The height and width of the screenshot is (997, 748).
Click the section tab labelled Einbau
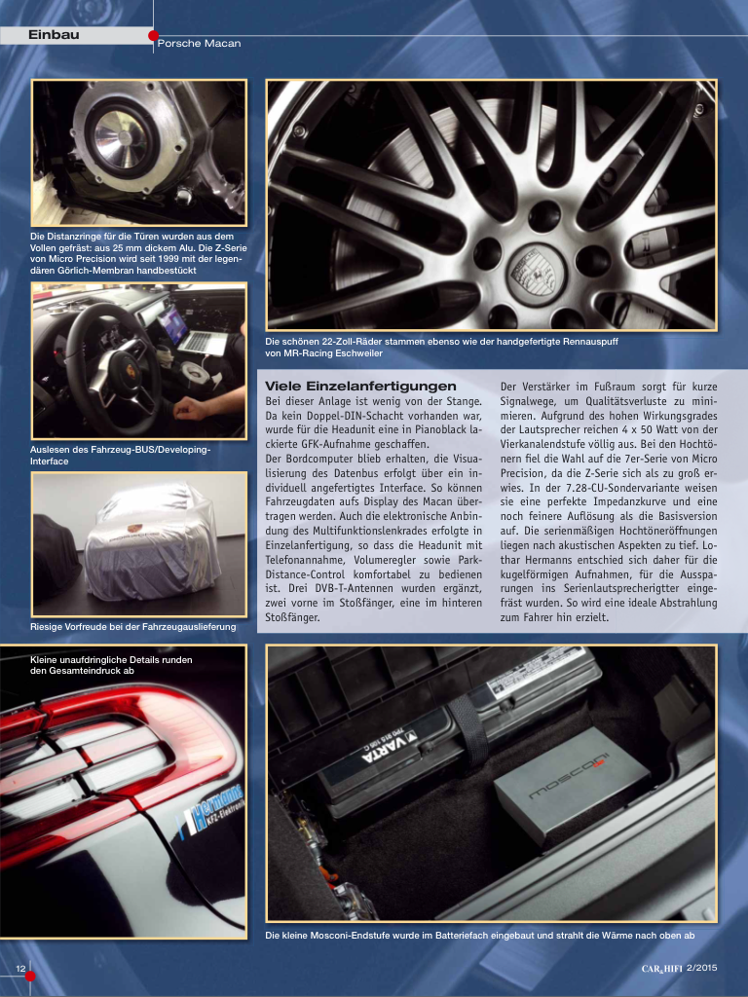point(55,35)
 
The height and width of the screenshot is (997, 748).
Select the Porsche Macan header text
point(199,43)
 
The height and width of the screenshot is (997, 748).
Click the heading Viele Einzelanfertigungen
point(360,386)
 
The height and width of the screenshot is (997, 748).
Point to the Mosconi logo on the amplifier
point(568,775)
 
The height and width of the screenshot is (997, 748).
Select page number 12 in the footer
point(21,969)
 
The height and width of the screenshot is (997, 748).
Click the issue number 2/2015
point(702,968)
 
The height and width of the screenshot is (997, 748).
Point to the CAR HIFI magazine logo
point(661,969)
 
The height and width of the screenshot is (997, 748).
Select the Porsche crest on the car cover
point(133,528)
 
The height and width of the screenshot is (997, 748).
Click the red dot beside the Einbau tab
point(153,36)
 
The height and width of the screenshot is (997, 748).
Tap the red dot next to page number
point(30,976)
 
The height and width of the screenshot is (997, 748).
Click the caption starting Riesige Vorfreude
point(132,627)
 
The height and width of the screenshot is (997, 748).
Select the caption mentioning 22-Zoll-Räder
point(441,348)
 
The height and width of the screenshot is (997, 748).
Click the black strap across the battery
point(468,723)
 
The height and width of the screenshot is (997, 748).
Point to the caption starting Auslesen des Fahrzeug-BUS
point(120,456)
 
